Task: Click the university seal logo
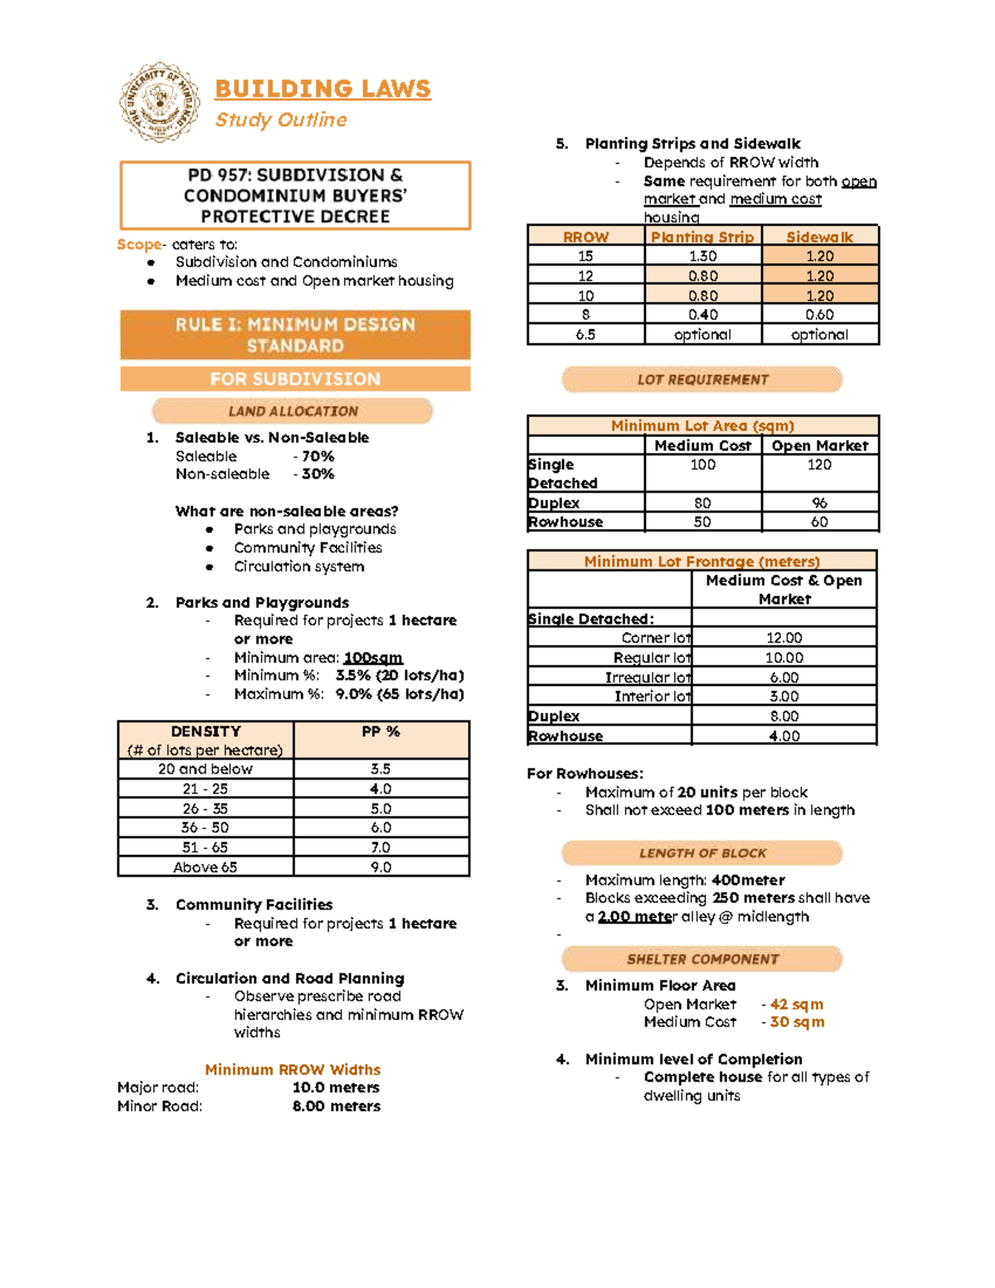point(159,102)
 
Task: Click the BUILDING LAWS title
point(323,89)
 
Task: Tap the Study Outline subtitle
point(281,119)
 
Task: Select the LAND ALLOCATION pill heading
point(293,411)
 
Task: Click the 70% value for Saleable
point(317,456)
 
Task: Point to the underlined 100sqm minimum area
point(373,658)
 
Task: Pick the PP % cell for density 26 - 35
point(381,808)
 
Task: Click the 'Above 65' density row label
point(205,867)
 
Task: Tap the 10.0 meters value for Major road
point(336,1087)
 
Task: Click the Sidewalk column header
point(819,236)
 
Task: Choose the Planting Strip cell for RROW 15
point(702,256)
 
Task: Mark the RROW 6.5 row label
point(585,334)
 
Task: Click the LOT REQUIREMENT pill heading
point(702,379)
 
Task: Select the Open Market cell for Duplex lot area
point(819,503)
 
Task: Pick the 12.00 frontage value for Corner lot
point(784,638)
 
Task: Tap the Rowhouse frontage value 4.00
point(784,736)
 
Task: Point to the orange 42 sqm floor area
point(796,1004)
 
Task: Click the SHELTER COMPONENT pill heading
point(702,959)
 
